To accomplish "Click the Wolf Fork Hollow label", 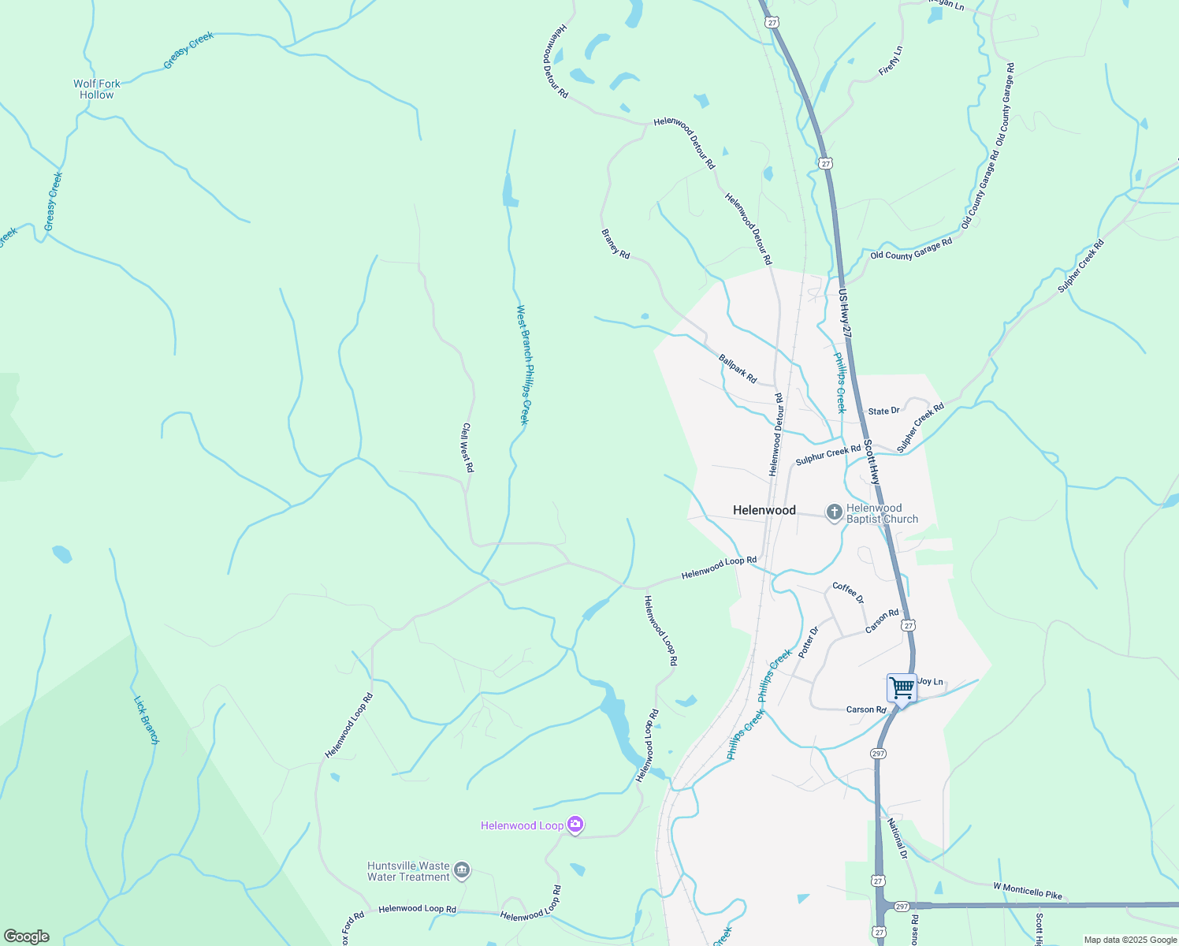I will (x=97, y=89).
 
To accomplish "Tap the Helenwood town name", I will (x=764, y=510).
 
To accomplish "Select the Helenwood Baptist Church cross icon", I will (x=834, y=513).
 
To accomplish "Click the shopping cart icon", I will (x=902, y=687).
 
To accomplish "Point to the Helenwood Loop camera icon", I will (x=575, y=825).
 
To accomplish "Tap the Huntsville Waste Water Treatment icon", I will (x=462, y=870).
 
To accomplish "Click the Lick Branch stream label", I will (x=147, y=719).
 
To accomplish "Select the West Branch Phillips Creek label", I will (x=523, y=365).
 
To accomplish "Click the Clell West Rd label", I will (x=467, y=448).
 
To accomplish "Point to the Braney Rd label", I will (x=616, y=244).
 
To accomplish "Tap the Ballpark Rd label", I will (x=738, y=369).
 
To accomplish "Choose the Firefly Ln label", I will (x=891, y=61).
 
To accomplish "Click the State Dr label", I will (x=883, y=412).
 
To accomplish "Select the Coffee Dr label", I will (x=848, y=593).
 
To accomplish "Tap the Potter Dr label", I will (x=809, y=642).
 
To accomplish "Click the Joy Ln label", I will (x=931, y=682).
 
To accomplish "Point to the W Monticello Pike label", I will (x=1027, y=891).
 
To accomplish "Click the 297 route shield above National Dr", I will (x=879, y=754).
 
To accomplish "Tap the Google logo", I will (x=26, y=937).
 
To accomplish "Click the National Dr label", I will (x=897, y=839).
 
